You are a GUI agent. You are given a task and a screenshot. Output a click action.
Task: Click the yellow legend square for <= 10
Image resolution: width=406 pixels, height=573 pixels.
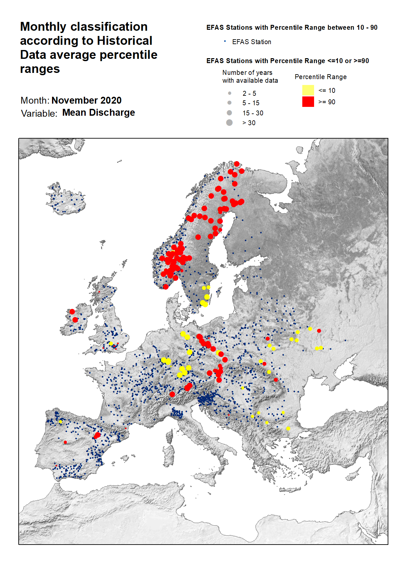pyautogui.click(x=308, y=90)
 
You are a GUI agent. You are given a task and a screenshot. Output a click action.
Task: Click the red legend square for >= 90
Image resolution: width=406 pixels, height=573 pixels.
pyautogui.click(x=308, y=102)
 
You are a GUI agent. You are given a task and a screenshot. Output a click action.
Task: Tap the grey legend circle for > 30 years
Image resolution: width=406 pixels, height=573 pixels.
pyautogui.click(x=229, y=123)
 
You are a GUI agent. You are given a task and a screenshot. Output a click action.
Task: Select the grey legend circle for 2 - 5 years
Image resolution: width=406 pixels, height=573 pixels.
pyautogui.click(x=230, y=93)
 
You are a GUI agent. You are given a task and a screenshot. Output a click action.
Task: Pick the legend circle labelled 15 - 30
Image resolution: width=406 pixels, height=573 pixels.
pyautogui.click(x=229, y=113)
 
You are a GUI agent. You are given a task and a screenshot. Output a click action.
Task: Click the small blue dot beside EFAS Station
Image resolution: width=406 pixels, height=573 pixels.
pyautogui.click(x=225, y=41)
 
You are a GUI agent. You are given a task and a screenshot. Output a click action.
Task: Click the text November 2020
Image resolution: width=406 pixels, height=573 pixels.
pyautogui.click(x=86, y=100)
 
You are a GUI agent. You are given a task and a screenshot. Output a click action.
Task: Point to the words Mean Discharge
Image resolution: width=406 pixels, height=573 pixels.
pyautogui.click(x=98, y=112)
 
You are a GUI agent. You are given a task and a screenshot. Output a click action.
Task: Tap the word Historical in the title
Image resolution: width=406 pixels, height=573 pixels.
pyautogui.click(x=125, y=41)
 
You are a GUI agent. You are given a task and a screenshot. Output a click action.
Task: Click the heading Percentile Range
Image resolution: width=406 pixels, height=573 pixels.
pyautogui.click(x=320, y=77)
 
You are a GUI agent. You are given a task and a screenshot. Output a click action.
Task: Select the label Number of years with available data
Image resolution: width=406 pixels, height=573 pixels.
pyautogui.click(x=250, y=76)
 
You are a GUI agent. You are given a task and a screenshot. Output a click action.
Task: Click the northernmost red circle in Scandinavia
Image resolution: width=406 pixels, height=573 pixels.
pyautogui.click(x=237, y=164)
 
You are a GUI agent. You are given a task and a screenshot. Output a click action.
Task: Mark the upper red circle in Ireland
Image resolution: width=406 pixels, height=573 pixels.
pyautogui.click(x=72, y=312)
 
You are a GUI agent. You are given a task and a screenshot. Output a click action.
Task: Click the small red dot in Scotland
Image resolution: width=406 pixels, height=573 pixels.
pyautogui.click(x=99, y=292)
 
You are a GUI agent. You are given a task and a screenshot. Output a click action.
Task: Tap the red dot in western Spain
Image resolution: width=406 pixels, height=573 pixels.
pyautogui.click(x=65, y=442)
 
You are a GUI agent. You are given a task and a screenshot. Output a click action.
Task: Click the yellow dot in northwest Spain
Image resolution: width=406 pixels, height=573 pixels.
pyautogui.click(x=61, y=422)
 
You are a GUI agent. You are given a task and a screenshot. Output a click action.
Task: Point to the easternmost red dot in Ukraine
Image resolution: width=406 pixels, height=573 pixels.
pyautogui.click(x=319, y=331)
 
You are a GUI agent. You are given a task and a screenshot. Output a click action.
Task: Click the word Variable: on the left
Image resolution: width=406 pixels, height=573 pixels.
pyautogui.click(x=39, y=113)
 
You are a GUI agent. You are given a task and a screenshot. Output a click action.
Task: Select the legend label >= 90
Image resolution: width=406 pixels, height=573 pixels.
pyautogui.click(x=327, y=102)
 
